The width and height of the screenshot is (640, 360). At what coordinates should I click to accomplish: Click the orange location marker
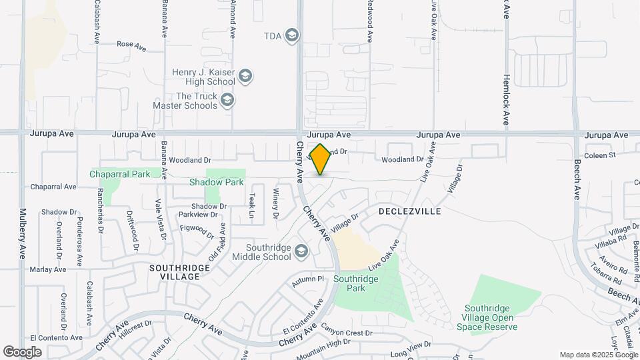pos(321,159)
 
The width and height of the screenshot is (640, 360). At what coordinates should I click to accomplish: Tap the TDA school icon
pos(291,35)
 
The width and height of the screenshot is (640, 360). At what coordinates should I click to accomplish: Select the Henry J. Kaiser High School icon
pos(245,77)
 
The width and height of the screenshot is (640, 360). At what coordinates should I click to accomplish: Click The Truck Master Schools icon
pos(227,101)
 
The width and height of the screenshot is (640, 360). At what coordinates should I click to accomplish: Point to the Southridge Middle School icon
pos(301,251)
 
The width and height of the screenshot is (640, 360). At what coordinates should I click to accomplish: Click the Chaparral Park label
pos(121,174)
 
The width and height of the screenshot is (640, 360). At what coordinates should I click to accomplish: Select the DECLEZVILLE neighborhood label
pos(409,211)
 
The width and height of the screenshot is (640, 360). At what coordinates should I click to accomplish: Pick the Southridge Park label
pos(359,284)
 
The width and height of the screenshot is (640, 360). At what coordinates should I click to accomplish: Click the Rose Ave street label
pos(131,45)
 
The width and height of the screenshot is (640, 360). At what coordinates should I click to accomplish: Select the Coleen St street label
pos(599,156)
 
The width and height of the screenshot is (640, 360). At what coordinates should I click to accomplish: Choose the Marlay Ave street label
pos(48,269)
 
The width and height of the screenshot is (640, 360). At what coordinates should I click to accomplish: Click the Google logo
pos(22,351)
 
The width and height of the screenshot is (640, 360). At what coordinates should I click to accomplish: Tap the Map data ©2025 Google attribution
pos(598,355)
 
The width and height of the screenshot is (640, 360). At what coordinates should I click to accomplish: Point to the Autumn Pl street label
pos(311,279)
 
